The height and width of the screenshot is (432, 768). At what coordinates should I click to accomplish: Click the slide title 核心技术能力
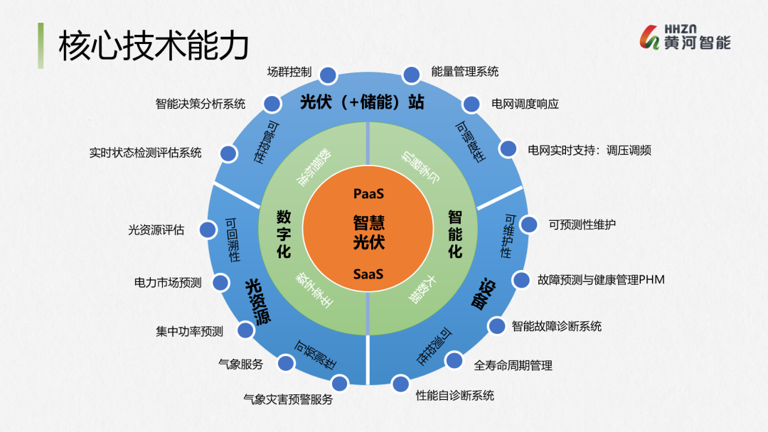pos(154,45)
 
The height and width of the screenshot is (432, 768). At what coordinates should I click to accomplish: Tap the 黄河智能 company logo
pos(686,37)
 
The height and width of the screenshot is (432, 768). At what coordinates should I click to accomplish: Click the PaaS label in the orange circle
pos(369,193)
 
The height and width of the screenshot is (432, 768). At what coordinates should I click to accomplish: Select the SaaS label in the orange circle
pos(369,274)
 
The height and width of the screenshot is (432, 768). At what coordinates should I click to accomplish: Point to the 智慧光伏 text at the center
pos(369,232)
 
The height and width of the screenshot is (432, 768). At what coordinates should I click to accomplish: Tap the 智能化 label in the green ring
pos(455,233)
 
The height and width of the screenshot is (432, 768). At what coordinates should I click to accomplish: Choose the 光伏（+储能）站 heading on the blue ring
pos(362,102)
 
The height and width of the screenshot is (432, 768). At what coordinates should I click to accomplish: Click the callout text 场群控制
pos(289,72)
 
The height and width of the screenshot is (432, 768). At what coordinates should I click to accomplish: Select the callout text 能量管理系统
pos(465,72)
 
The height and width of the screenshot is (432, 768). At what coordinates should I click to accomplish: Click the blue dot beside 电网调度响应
pos(471,104)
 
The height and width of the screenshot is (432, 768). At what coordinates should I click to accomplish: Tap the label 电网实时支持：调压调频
pos(590,150)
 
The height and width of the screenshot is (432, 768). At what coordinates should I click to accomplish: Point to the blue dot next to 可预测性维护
pos(529,225)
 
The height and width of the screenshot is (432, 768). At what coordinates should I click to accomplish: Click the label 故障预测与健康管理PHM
pos(601,279)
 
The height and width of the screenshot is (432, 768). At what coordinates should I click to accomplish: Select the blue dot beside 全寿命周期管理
pos(454,360)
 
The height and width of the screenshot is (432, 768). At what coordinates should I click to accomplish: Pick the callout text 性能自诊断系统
pos(455,395)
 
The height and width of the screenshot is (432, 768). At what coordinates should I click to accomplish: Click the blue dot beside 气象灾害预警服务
pos(340,384)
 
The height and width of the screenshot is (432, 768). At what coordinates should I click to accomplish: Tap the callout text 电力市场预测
pos(168,283)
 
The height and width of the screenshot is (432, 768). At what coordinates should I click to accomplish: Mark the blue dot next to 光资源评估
pos(208,229)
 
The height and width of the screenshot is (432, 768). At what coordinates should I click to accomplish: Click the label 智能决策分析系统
pos(201,104)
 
